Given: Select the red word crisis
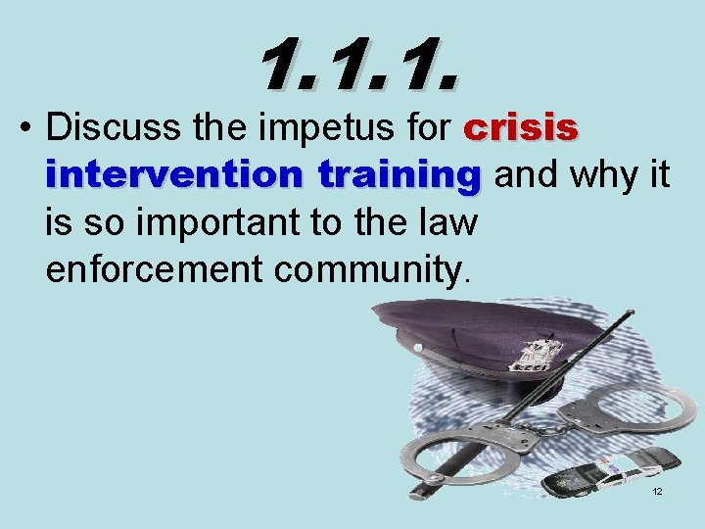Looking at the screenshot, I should (x=521, y=128).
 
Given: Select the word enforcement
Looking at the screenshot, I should (x=144, y=269).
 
